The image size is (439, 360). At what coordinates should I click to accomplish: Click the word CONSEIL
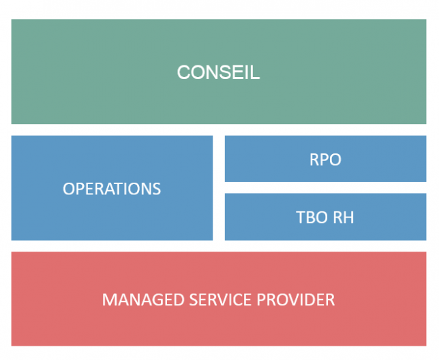218,72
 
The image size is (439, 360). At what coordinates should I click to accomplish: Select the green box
219,72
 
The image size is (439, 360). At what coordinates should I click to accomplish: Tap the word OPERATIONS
112,188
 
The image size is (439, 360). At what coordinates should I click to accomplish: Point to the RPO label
325,160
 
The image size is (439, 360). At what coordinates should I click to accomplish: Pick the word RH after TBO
344,217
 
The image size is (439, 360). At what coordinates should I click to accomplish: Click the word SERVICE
220,299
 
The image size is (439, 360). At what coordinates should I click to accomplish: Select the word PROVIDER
296,299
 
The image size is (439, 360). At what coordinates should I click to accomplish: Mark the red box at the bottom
219,299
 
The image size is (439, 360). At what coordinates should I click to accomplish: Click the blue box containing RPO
326,159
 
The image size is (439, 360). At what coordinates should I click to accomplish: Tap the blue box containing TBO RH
326,217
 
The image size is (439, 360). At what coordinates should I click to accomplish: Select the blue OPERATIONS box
112,187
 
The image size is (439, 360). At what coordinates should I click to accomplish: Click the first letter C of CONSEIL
183,72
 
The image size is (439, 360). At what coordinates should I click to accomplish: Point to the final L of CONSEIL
256,72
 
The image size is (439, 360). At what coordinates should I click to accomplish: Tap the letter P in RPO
324,160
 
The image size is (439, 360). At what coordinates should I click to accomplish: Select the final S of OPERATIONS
157,188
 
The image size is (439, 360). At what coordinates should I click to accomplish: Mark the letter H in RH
349,217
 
